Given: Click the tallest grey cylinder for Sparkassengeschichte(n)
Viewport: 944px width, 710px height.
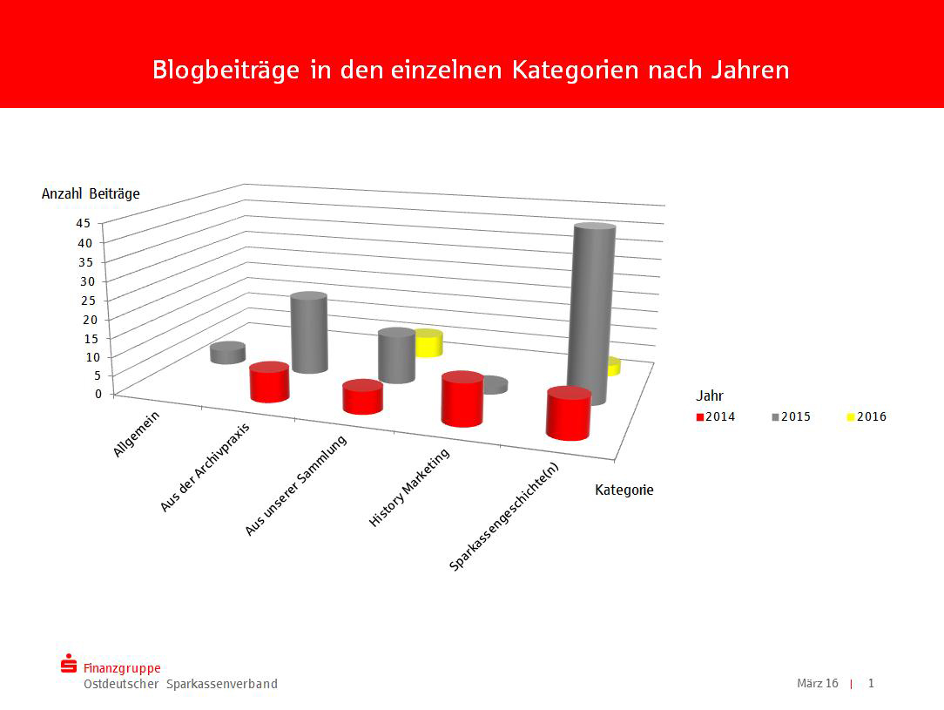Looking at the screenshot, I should (x=592, y=314).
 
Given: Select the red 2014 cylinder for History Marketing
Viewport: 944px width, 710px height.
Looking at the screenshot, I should (x=462, y=400).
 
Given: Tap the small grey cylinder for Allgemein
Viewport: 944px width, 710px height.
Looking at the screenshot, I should (x=227, y=353).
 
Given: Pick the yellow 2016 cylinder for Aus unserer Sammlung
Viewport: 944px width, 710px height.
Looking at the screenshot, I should (x=428, y=343).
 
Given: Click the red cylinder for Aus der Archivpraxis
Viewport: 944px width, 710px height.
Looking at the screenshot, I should (x=269, y=382).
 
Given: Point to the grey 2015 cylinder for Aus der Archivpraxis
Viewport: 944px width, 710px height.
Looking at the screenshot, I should (x=309, y=333).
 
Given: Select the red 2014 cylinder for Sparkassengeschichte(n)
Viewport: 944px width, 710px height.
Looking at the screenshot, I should (x=568, y=414).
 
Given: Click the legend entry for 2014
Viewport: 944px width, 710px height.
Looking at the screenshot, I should (x=716, y=417).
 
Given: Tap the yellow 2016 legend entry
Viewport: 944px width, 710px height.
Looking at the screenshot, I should (x=866, y=417).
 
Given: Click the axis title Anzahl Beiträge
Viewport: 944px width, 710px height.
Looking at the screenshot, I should (x=91, y=194).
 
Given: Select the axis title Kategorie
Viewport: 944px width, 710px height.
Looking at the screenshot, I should (x=624, y=490).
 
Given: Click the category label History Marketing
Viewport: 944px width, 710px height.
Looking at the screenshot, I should (x=409, y=488).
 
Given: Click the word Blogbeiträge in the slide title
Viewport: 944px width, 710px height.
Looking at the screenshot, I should (x=226, y=70).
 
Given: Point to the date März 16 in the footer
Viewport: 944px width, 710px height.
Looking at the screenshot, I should (x=817, y=683).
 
